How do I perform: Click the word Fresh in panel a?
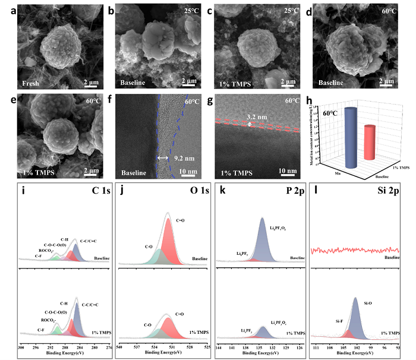pyautogui.click(x=29, y=83)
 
